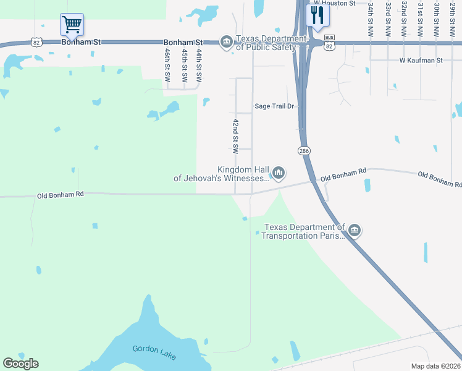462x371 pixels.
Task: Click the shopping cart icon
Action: [x=72, y=25]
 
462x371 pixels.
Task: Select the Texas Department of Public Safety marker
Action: [x=227, y=42]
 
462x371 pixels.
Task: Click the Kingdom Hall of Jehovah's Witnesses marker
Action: [x=279, y=173]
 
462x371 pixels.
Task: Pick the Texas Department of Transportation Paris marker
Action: [x=354, y=231]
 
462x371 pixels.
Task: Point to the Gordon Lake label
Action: [x=149, y=349]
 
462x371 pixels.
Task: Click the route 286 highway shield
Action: [x=304, y=151]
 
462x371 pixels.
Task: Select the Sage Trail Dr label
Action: [x=276, y=106]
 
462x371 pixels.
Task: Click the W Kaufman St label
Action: [x=421, y=61]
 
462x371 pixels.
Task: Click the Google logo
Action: [x=20, y=364]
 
